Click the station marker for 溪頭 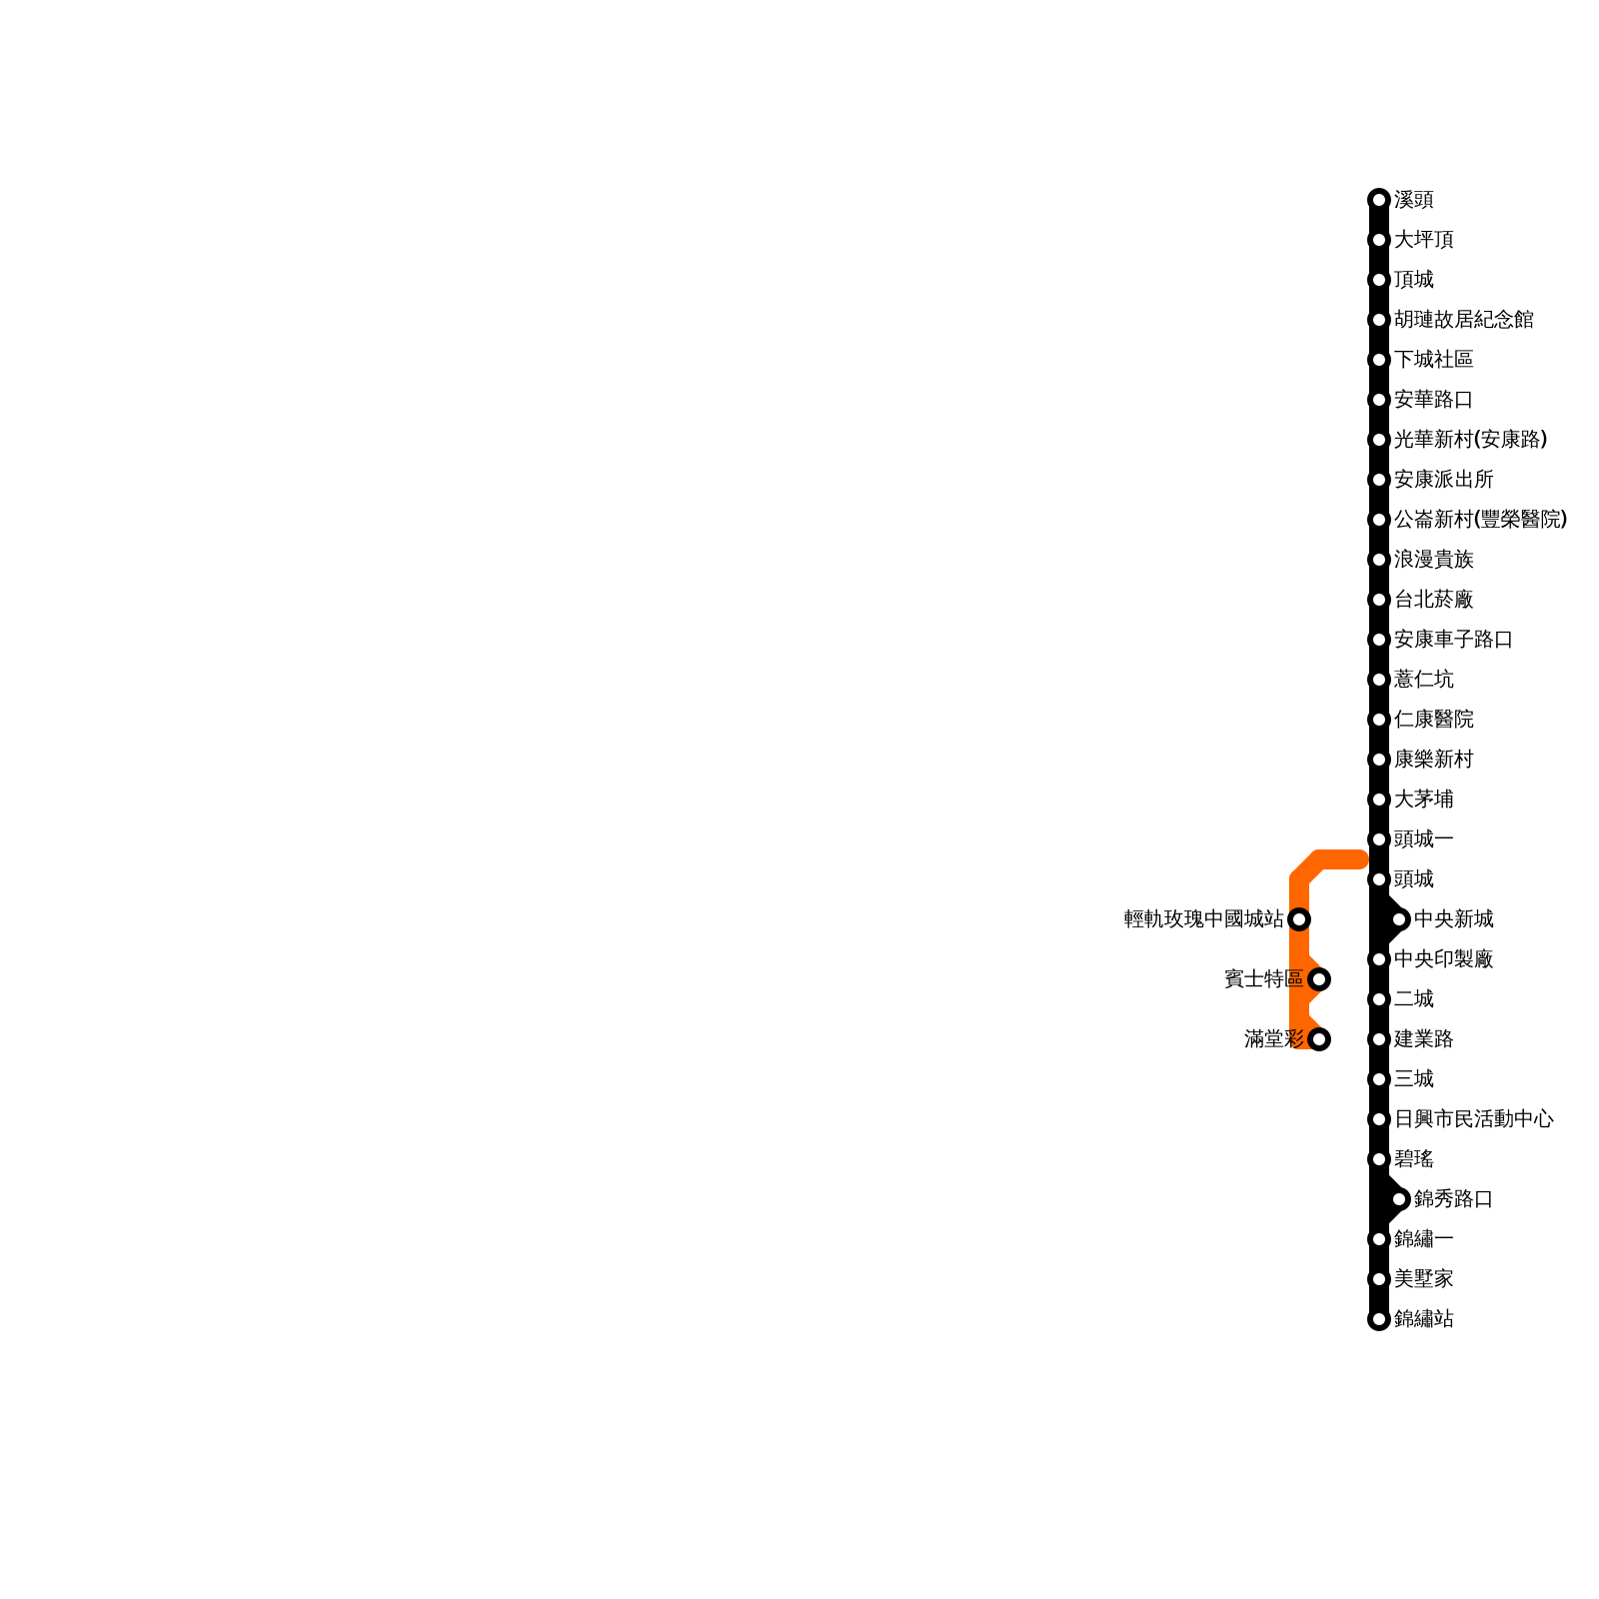1379,200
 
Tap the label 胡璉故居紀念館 1463,320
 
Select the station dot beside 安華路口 1379,400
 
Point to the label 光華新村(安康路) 1470,440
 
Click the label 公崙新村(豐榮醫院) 1480,520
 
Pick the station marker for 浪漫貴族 1379,560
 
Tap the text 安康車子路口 1453,640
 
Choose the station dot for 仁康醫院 1379,720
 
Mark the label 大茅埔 1423,799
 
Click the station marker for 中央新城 1399,919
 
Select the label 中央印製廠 1443,959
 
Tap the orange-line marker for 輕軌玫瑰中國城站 1299,919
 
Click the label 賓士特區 1263,979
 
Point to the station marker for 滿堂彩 1319,1039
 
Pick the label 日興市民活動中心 1473,1119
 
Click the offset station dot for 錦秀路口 1399,1199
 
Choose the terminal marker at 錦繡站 1379,1319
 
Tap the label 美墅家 1423,1279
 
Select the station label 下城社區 1433,360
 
